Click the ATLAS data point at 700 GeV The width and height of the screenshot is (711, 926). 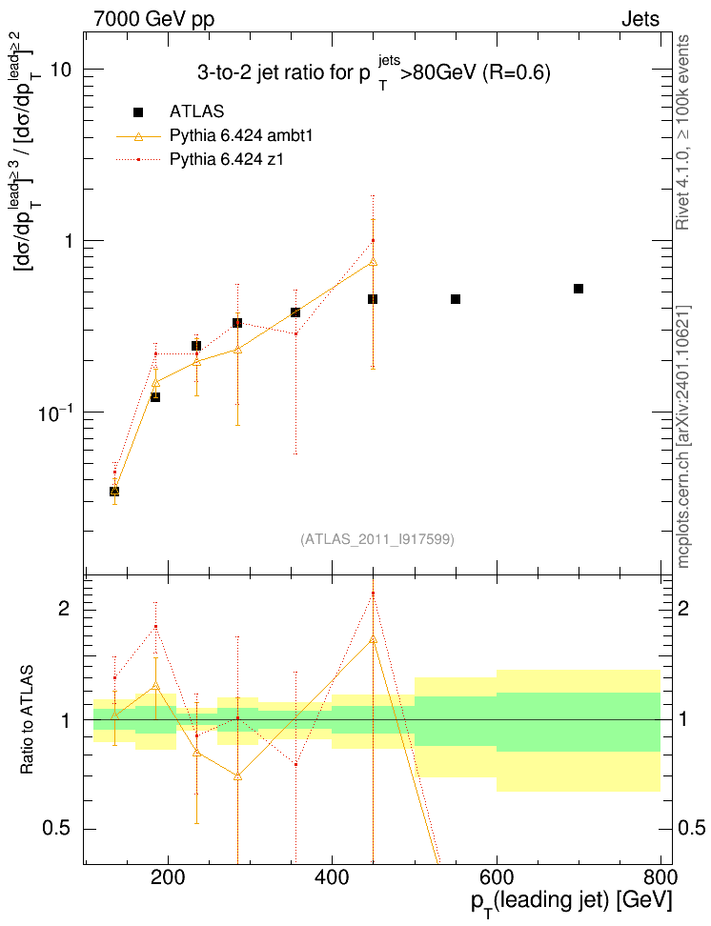point(579,289)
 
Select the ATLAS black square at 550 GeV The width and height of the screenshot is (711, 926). point(455,299)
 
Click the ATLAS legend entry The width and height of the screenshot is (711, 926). point(178,111)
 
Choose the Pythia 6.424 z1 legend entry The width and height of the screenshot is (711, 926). point(200,159)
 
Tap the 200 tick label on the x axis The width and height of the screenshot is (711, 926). point(168,878)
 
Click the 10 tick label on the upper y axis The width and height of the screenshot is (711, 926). point(61,70)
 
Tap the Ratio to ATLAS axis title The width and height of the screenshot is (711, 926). point(28,720)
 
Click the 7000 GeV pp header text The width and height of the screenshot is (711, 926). point(153,19)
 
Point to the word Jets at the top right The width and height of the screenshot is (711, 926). point(640,19)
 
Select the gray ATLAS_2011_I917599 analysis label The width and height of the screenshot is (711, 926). point(377,539)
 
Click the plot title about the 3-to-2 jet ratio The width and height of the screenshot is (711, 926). point(374,72)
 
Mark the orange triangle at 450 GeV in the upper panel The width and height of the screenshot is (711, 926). point(373,262)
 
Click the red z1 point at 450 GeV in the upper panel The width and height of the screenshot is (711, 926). point(373,240)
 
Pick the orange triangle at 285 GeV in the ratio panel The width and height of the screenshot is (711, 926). point(237,776)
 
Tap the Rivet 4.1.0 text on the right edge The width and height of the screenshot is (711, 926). point(682,132)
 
